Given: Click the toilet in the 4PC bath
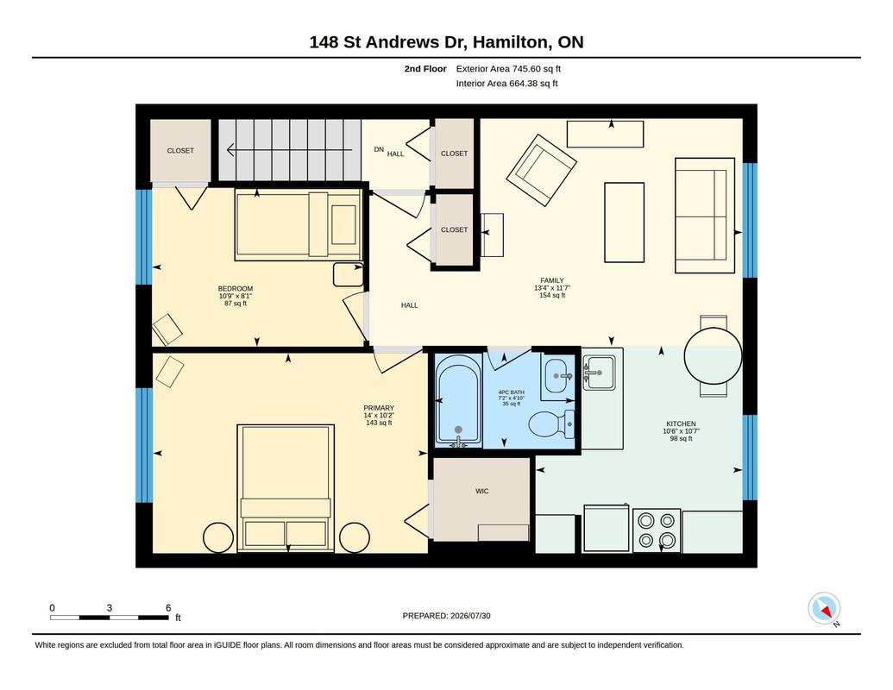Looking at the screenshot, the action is click(x=551, y=424).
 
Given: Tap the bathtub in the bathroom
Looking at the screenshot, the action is click(x=458, y=400).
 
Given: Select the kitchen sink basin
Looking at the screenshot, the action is click(x=599, y=373).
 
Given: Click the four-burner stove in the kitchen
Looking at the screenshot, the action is click(x=657, y=530).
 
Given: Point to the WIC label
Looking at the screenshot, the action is click(x=481, y=491).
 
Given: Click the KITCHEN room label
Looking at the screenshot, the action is click(x=681, y=423).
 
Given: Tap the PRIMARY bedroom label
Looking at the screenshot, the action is click(x=379, y=408).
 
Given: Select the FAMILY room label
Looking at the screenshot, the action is click(x=552, y=280).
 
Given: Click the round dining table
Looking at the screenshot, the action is click(x=713, y=356).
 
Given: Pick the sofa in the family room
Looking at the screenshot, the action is click(x=705, y=216).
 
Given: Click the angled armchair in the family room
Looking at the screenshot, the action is click(x=541, y=170).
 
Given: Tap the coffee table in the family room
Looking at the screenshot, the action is click(x=624, y=223).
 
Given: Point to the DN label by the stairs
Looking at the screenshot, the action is click(x=379, y=150).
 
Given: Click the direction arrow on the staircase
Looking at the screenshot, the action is click(x=289, y=150).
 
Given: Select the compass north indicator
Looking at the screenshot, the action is click(x=824, y=609).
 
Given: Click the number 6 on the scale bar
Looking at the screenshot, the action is click(x=168, y=608).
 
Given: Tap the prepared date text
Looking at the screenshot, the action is click(x=447, y=616).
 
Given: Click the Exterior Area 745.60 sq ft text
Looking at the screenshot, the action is click(x=508, y=69).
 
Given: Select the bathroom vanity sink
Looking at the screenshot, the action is click(x=557, y=376).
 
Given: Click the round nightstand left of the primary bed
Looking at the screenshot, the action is click(x=218, y=537).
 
